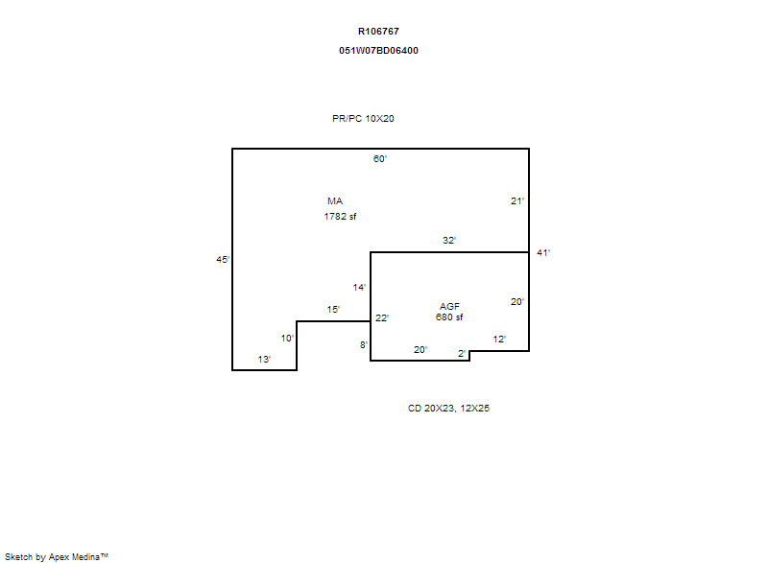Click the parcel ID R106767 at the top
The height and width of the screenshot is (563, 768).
[378, 32]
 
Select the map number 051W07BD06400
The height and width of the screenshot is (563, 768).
[378, 51]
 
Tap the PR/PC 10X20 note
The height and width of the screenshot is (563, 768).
[363, 118]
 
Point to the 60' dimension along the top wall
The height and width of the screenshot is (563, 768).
[379, 159]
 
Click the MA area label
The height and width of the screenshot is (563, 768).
[335, 201]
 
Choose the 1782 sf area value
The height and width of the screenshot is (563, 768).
[340, 216]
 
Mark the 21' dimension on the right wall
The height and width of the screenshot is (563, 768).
[517, 201]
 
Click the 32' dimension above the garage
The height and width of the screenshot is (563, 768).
[449, 240]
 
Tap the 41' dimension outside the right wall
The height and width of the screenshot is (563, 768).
[543, 253]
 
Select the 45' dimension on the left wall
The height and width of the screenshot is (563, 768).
[223, 260]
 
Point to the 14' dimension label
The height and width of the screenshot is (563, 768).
[359, 288]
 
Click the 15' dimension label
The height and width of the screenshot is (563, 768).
[333, 310]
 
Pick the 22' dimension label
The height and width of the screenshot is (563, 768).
[381, 318]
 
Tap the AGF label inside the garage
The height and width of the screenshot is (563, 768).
[449, 307]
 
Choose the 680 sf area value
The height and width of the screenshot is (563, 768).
[449, 317]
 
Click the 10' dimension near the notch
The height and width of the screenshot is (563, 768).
[287, 339]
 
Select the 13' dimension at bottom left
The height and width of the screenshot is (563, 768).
[264, 360]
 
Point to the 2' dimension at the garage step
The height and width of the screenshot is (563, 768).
[462, 354]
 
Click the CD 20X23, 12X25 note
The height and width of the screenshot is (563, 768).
[448, 409]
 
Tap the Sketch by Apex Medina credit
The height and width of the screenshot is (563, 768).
[57, 557]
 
